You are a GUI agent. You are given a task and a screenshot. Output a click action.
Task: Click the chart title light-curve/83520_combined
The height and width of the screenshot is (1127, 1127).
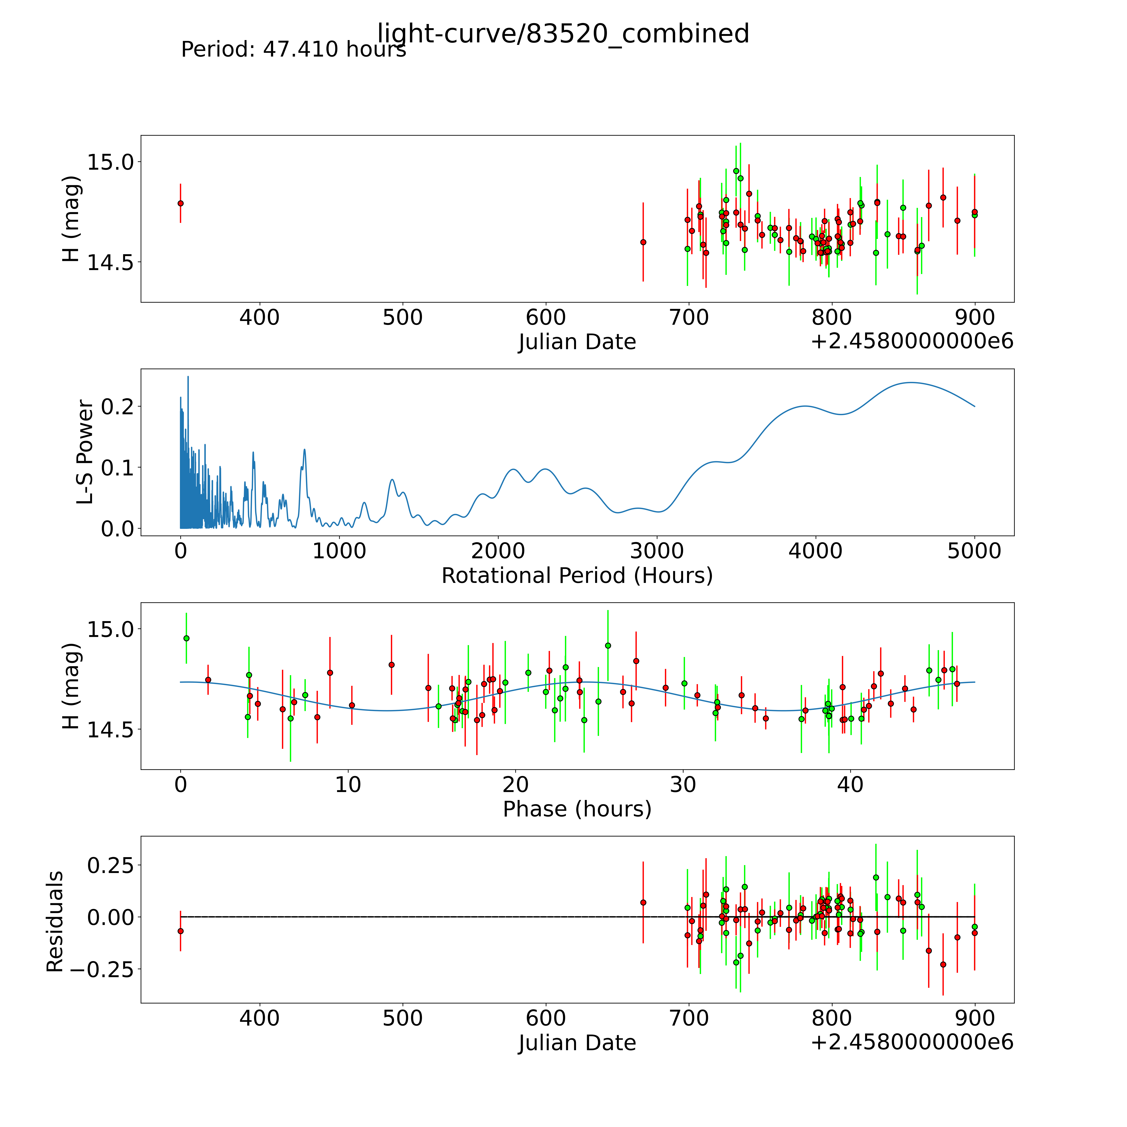click(563, 34)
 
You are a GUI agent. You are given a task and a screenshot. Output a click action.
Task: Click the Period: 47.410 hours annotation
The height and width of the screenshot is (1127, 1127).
click(293, 50)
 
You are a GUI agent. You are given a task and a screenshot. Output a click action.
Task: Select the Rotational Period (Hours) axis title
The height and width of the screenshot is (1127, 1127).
click(577, 576)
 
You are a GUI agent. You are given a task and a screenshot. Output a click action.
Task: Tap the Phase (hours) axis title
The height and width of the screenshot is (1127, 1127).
click(577, 809)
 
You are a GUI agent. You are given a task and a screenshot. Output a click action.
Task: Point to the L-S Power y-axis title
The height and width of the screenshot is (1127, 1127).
click(85, 452)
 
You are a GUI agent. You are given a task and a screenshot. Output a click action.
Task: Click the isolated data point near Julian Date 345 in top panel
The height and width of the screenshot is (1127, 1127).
click(181, 203)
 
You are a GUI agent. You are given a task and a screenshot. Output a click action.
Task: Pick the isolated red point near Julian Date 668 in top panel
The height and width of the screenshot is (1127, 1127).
click(643, 242)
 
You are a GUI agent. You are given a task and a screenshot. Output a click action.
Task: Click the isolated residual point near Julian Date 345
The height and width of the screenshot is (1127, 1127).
click(181, 931)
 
